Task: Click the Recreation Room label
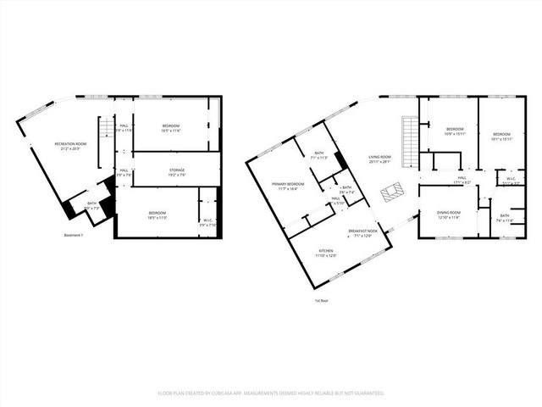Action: (71, 145)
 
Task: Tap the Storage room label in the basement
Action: (176, 171)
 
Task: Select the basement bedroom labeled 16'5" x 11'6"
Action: (178, 127)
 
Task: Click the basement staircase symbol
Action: (106, 127)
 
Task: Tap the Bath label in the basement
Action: (91, 204)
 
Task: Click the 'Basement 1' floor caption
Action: (74, 235)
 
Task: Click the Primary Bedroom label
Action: (288, 186)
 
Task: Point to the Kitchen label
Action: (326, 252)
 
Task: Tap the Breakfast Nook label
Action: (362, 232)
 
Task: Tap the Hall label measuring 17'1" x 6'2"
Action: (462, 179)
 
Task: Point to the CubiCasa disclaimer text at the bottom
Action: (271, 393)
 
